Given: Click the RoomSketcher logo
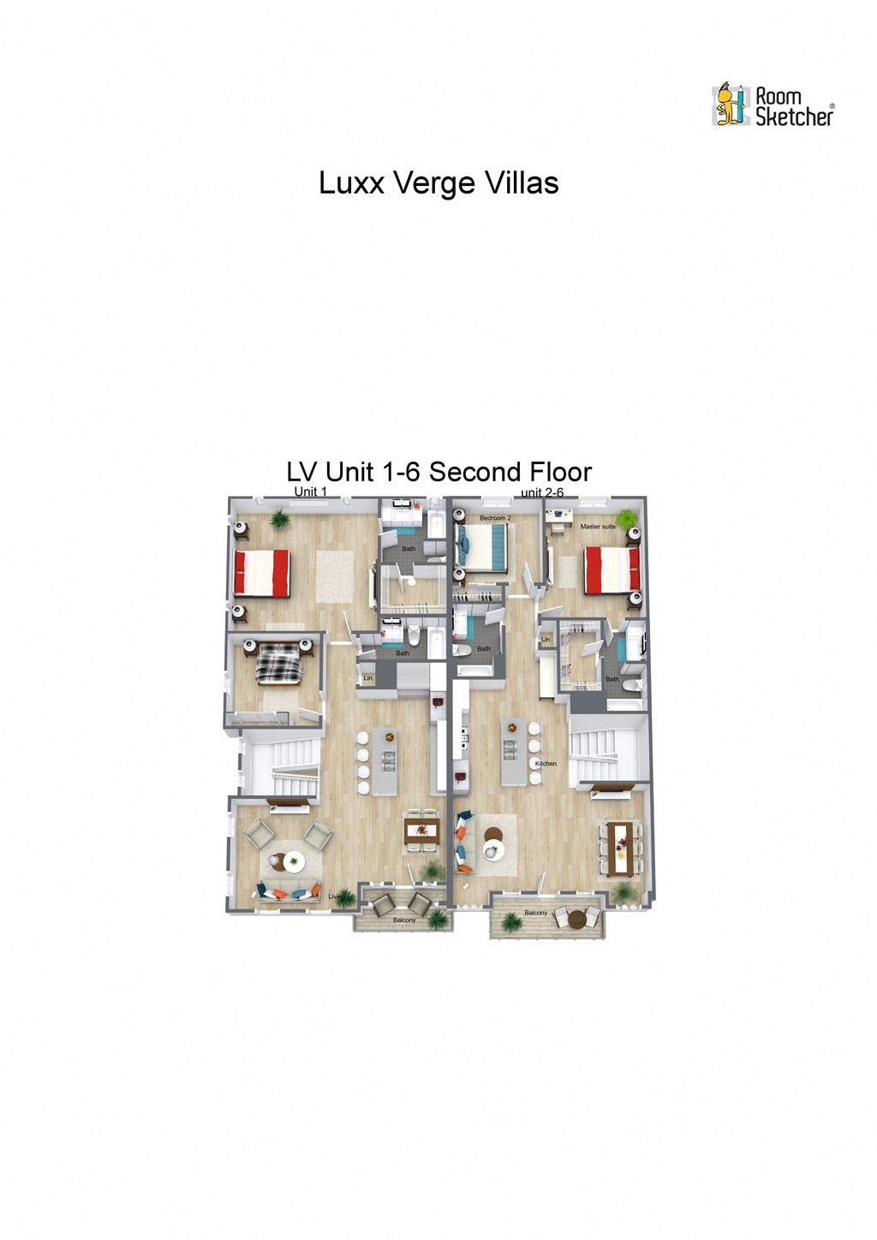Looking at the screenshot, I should (x=772, y=106).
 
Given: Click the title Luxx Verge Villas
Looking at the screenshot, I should (x=438, y=183).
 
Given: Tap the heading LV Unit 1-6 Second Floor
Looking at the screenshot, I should (x=438, y=472).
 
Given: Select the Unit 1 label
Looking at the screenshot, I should (x=310, y=492).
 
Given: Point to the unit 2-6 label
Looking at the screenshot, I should (x=542, y=492).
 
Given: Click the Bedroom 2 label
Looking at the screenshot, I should (x=495, y=518).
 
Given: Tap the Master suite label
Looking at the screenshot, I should (x=597, y=527).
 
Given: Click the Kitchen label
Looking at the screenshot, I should (x=546, y=763).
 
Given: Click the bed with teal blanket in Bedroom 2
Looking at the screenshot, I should (x=486, y=547).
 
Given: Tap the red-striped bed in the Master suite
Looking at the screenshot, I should (x=612, y=570).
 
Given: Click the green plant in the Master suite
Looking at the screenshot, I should (x=628, y=518).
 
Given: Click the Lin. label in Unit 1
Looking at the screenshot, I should (x=368, y=679).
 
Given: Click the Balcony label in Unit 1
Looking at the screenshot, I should (x=404, y=920).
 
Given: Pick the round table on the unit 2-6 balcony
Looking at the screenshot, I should (x=578, y=920).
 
